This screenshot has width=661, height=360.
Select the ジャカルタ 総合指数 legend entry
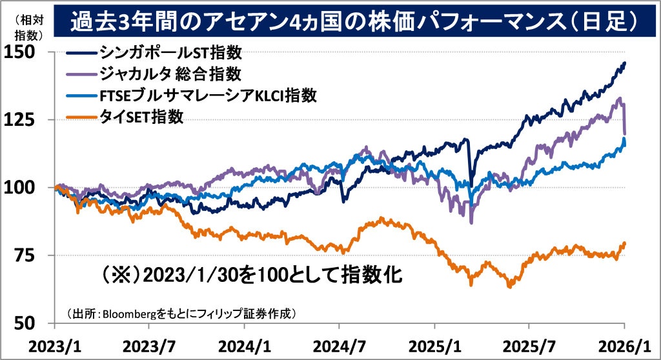(x=170, y=73)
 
